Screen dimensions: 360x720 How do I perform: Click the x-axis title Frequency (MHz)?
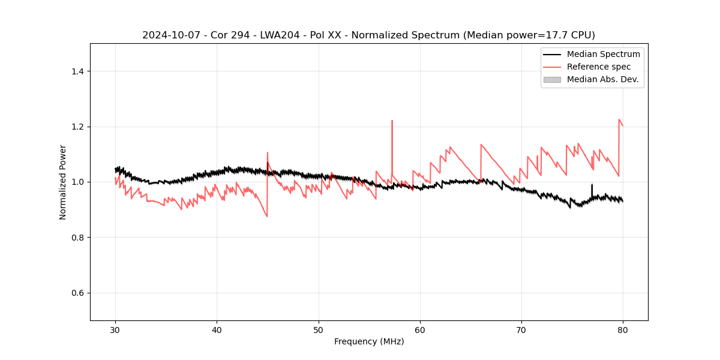pyautogui.click(x=369, y=341)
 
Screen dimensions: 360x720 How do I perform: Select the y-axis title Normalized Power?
pyautogui.click(x=62, y=182)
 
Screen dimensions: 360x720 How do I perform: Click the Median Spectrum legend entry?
pyautogui.click(x=603, y=54)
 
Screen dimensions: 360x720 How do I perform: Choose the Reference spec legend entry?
pyautogui.click(x=598, y=67)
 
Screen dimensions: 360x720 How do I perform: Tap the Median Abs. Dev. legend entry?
pyautogui.click(x=602, y=79)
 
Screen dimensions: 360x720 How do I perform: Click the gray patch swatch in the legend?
pyautogui.click(x=552, y=79)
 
